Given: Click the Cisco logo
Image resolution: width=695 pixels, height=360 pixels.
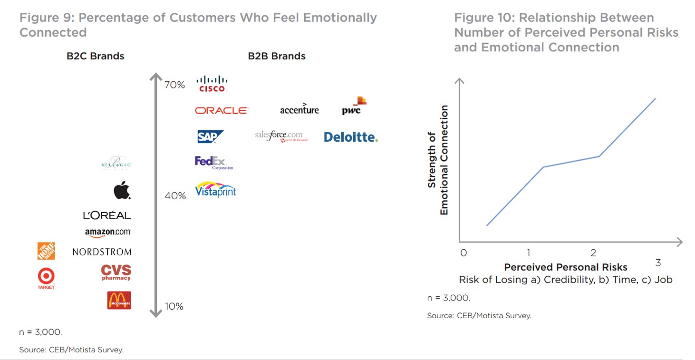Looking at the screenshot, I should (x=212, y=84).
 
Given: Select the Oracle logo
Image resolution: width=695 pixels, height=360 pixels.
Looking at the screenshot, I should (x=222, y=110).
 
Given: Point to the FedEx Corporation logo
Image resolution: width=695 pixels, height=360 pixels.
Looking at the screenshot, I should (x=213, y=163).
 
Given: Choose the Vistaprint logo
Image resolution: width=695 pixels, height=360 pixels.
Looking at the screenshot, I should (x=215, y=189).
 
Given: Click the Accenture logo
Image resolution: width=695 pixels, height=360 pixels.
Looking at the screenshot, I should (x=299, y=109).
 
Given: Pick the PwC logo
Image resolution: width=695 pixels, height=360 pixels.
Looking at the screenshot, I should (x=354, y=106).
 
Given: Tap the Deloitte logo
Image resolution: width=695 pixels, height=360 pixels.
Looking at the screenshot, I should (x=351, y=137).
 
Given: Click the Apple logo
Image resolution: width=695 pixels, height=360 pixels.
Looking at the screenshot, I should (x=122, y=190).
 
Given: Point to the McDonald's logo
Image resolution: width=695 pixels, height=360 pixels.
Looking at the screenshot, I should (x=119, y=300).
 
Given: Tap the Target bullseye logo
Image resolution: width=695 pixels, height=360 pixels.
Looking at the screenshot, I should (x=46, y=276).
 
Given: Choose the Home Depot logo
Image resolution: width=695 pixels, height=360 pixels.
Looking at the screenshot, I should (x=46, y=251).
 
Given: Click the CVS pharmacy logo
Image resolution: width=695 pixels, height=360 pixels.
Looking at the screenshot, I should (x=116, y=272).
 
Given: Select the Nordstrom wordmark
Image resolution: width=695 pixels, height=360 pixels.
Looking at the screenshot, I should (x=102, y=252).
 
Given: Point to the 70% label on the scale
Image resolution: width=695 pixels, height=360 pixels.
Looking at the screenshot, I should (x=174, y=85).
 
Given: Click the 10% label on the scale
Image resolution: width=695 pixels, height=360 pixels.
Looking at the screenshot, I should (x=174, y=306).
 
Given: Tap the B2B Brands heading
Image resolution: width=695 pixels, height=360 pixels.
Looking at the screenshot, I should (x=277, y=56).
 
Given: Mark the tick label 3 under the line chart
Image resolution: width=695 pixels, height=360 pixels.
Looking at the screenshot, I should (x=658, y=263).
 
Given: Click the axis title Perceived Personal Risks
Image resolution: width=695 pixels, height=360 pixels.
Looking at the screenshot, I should (x=566, y=267).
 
